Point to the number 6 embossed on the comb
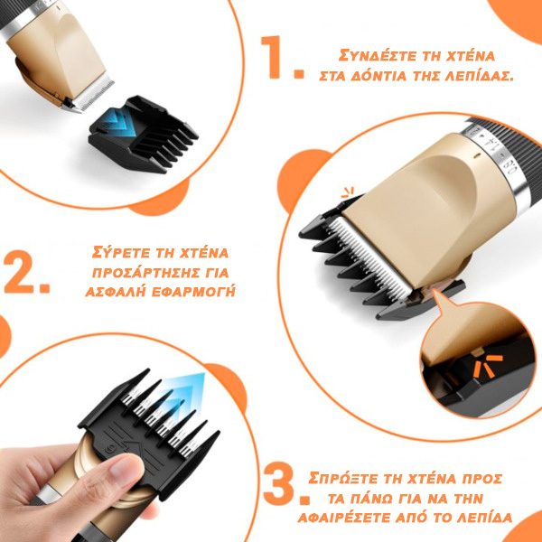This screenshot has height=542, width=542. point(109,447)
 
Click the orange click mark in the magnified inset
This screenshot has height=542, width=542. point(488,366)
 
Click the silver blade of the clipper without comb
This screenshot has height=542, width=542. point(89,96)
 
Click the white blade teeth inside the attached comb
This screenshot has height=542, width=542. point(369,257)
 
